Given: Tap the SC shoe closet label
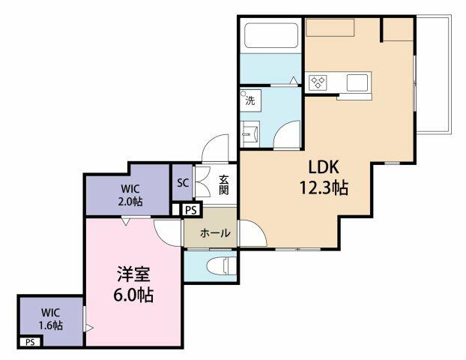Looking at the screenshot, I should click(x=182, y=181).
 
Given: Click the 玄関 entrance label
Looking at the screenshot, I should click(x=223, y=184).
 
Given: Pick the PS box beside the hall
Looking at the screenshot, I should click(x=192, y=211).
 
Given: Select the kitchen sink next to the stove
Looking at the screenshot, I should click(x=356, y=81).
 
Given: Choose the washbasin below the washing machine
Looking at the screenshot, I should click(x=249, y=133).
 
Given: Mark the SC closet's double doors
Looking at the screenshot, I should click(x=202, y=181).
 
